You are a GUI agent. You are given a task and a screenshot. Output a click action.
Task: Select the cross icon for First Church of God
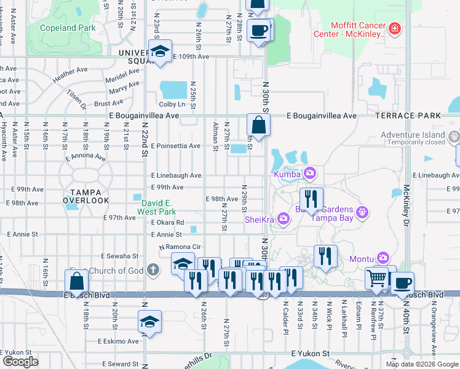pyautogui.click(x=154, y=270)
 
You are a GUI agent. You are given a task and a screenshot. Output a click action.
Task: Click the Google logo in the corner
pyautogui.click(x=20, y=362)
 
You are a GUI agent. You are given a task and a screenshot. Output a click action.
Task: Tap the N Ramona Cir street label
pyautogui.click(x=180, y=247)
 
